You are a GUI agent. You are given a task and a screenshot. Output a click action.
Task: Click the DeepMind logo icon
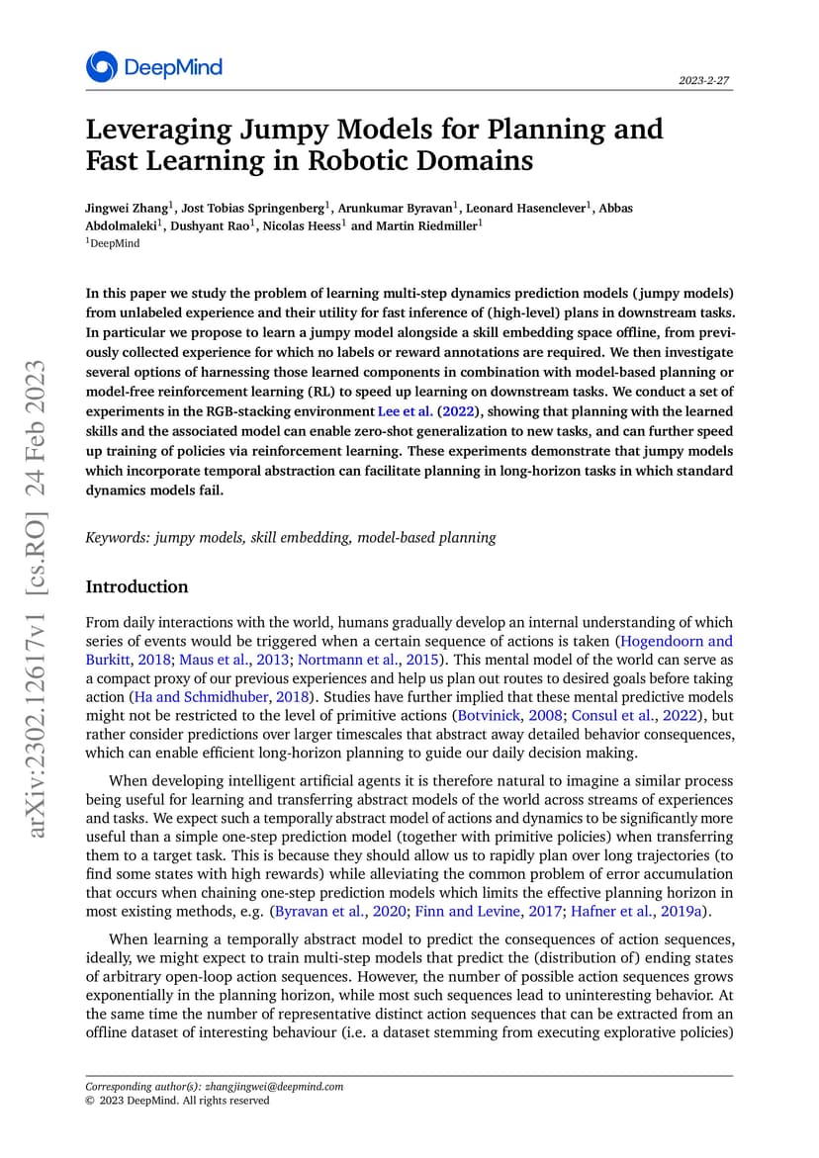(x=101, y=66)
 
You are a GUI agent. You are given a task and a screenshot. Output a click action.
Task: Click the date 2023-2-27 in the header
(x=705, y=81)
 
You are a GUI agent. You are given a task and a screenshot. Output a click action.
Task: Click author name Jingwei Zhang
(x=128, y=208)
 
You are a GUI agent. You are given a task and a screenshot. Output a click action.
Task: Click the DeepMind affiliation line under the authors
(x=114, y=242)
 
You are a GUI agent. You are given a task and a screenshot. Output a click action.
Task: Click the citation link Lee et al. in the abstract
(x=405, y=410)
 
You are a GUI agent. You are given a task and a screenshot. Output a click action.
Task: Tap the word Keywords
(x=116, y=538)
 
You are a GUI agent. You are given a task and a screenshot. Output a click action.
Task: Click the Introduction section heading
(x=136, y=586)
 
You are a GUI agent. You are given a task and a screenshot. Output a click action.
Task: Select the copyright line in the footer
(x=177, y=1100)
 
